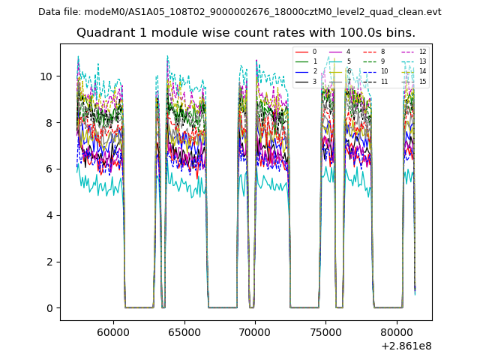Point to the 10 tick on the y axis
tap(49, 76)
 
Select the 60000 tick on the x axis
tap(113, 331)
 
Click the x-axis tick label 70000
tap(255, 331)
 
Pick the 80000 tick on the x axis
tap(397, 331)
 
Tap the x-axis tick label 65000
tap(184, 331)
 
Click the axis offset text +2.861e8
tap(406, 345)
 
